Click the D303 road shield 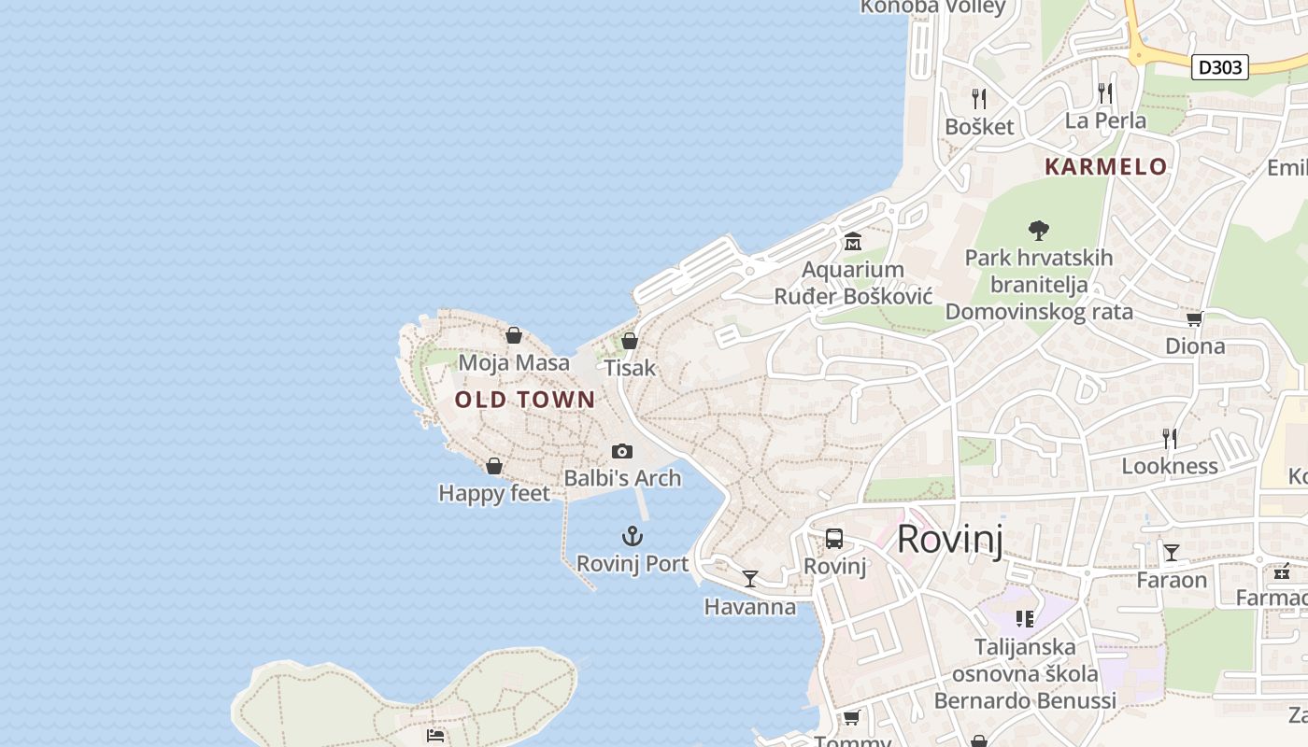pos(1220,67)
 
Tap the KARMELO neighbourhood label pos(1105,167)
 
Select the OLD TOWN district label pos(525,400)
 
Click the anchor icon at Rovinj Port pos(633,536)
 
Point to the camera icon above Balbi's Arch pos(621,452)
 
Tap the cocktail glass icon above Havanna pos(750,579)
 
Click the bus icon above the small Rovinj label pos(834,539)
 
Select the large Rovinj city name pos(950,540)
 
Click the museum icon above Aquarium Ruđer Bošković pos(853,243)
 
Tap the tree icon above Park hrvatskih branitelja pos(1038,231)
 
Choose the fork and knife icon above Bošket pos(979,99)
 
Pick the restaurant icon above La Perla pos(1105,92)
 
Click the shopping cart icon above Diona pos(1194,318)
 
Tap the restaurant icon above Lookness pos(1169,438)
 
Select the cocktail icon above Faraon pos(1172,553)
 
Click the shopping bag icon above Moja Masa pos(514,335)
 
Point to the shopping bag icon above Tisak pos(630,341)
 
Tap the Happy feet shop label pos(494,493)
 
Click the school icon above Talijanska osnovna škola pos(1025,619)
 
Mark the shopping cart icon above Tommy pos(851,717)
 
